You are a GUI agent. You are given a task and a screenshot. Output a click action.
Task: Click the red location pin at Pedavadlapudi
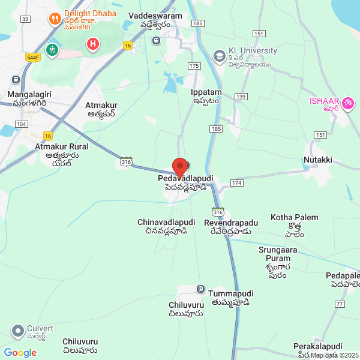[x=179, y=166]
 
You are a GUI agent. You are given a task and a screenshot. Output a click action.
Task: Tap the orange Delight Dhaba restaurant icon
[x=55, y=19]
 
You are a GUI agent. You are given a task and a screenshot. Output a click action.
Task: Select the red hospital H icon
[x=92, y=44]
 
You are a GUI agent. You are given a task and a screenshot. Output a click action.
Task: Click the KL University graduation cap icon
[x=219, y=56]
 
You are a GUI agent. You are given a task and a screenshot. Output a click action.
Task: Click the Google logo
[x=20, y=353]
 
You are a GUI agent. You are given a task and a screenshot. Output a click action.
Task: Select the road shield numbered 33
[x=25, y=19]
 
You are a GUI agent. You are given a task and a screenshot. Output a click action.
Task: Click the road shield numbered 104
[x=21, y=124]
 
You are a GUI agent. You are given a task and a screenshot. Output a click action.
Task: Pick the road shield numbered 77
[x=340, y=305]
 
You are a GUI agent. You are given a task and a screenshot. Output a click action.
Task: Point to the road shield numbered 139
[x=241, y=97]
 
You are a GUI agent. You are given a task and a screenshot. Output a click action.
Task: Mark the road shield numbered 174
[x=236, y=182]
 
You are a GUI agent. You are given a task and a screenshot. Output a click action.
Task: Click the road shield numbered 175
[x=193, y=65]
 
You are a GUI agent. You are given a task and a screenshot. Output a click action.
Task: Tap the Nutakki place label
[x=318, y=161]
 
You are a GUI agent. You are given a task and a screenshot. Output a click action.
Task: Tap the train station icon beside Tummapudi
[x=200, y=289]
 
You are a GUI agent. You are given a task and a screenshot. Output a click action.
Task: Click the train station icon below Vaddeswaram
[x=157, y=41]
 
